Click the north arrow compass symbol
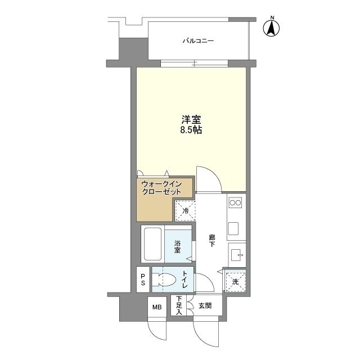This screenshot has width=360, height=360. point(273,28)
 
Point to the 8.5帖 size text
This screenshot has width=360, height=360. point(191,130)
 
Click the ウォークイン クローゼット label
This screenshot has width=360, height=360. point(161,188)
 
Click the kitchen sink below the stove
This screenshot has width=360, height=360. point(234,228)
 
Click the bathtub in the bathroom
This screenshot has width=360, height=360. point(152,244)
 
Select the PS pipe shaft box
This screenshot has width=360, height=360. point(143,280)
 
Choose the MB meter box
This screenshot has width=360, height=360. point(156,307)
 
